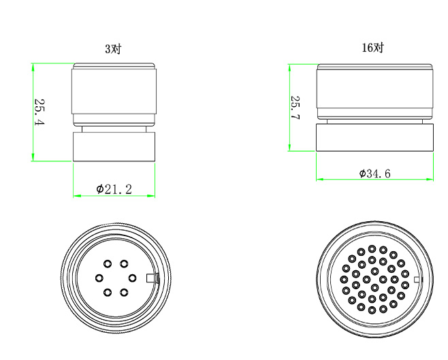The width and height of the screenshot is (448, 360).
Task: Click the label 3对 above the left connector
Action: pyautogui.click(x=114, y=49)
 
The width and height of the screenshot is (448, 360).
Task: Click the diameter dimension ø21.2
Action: pyautogui.click(x=114, y=189)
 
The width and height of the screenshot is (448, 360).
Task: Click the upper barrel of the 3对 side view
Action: pyautogui.click(x=114, y=95)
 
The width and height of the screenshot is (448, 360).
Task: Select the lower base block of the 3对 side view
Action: pyautogui.click(x=114, y=146)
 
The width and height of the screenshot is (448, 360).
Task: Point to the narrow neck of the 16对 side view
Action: pyautogui.click(x=374, y=120)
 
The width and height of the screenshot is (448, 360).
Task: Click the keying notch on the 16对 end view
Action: pyautogui.click(x=417, y=279)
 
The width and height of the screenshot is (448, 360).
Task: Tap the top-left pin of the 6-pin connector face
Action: pyautogui.click(x=107, y=263)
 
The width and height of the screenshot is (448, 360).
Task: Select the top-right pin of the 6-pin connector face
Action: pyautogui.click(x=124, y=263)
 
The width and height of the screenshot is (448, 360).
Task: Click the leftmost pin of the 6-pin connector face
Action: pyautogui.click(x=99, y=278)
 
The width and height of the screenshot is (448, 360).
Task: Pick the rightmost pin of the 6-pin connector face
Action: pyautogui.click(x=132, y=278)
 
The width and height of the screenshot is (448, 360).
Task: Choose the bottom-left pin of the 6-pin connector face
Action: pyautogui.click(x=107, y=293)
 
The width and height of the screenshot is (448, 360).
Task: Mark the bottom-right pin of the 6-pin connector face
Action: pyautogui.click(x=124, y=293)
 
